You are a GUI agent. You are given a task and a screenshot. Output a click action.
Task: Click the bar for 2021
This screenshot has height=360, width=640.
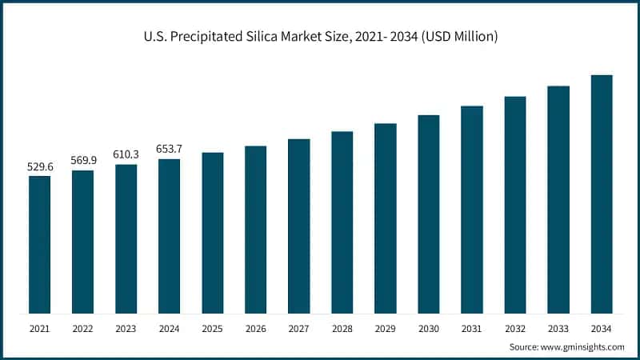coord(39,244)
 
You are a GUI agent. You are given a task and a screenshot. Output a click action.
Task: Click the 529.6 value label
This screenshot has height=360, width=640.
coord(39,166)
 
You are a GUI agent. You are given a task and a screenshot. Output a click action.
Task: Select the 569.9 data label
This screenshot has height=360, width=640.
coord(82,160)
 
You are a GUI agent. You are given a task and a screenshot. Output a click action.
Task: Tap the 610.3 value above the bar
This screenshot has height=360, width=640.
coord(126,154)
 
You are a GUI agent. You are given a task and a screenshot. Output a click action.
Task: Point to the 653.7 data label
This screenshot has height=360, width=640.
coord(169,149)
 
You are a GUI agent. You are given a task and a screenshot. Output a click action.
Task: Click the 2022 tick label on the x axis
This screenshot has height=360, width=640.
coord(82,329)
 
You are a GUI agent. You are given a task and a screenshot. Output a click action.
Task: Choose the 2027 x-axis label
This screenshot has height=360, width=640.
coord(298,329)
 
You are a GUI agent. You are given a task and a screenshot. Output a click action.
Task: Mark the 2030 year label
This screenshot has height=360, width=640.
coord(429,329)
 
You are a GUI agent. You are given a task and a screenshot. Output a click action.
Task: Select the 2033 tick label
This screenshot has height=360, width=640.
coord(558,329)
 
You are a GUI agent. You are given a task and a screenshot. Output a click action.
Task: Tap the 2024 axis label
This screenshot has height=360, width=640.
coord(169,329)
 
